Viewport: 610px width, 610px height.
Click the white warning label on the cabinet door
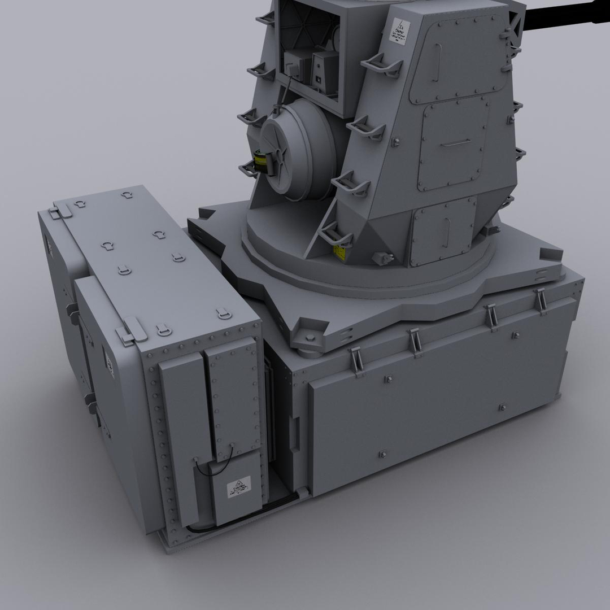tap(238, 487)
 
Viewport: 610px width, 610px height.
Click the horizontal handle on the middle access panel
tap(456, 142)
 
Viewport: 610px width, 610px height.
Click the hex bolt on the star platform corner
tap(310, 338)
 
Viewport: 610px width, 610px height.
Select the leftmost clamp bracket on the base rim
tap(356, 361)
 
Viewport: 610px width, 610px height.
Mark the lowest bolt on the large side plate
tap(383, 454)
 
